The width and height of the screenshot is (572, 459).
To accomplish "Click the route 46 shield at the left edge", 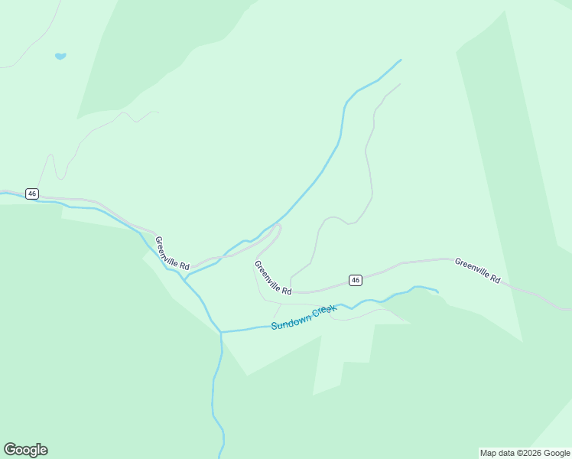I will point(31,194).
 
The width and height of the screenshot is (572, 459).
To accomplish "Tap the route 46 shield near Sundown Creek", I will point(356,280).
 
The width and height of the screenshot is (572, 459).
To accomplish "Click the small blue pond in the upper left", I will point(60,56).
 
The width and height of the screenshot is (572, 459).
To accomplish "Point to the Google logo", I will point(25,450).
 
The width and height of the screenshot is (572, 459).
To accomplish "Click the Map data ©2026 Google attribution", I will point(525,453).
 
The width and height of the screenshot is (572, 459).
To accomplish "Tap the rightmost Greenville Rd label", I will point(477,271).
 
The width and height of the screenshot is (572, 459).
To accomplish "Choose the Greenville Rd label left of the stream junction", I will point(172,252).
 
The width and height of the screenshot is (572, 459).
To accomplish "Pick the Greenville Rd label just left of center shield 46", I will point(273,278).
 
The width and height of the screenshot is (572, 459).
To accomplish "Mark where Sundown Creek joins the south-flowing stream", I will point(221,332).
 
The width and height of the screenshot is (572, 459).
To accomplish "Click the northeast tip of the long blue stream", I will point(401,60).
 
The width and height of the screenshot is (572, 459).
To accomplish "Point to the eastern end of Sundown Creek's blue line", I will point(437,291).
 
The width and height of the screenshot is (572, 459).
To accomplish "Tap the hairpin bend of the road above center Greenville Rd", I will point(279,227).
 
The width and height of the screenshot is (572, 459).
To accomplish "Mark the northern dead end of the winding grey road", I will point(399,85).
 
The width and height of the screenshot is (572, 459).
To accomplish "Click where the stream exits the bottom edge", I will point(221,457).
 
